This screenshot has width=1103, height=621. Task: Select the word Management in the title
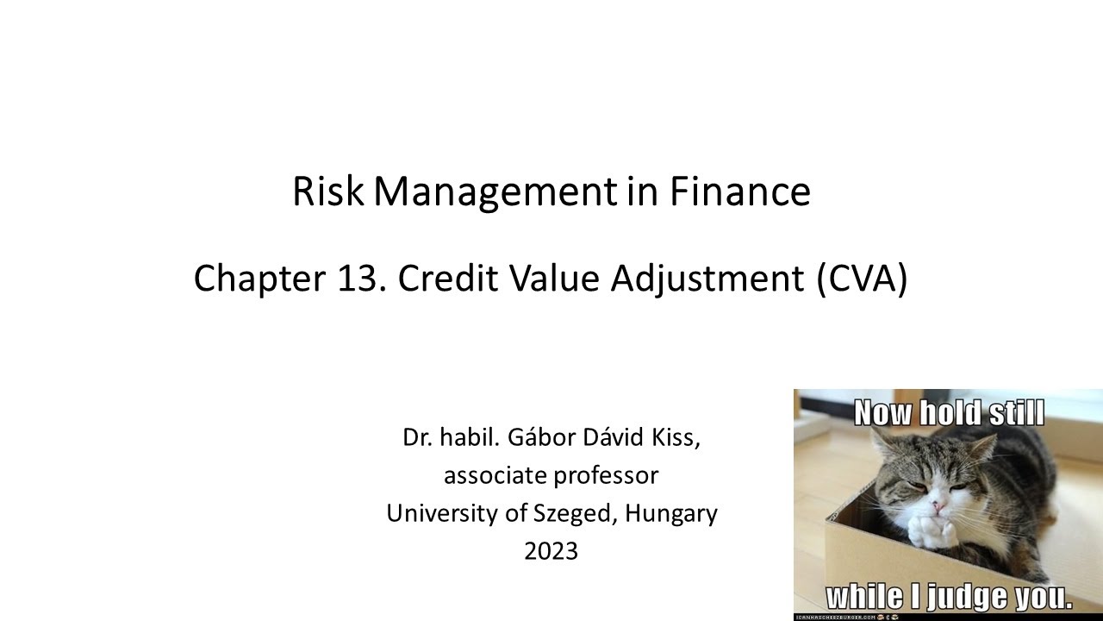[x=495, y=192]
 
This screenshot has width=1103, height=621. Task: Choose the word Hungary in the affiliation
[x=671, y=514]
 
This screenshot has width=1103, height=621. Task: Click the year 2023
[x=551, y=551]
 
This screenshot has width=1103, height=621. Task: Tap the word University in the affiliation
[x=440, y=514]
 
